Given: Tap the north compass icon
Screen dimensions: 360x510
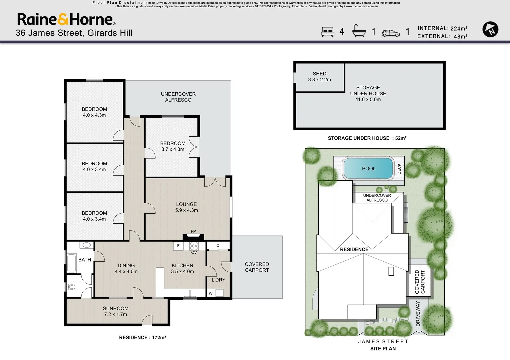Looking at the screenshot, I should click(x=490, y=29).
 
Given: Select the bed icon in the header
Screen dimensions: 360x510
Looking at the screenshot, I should click(x=327, y=32).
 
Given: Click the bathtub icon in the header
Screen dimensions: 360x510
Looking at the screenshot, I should click(x=359, y=31).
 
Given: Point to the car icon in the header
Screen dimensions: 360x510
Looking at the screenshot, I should click(x=391, y=33).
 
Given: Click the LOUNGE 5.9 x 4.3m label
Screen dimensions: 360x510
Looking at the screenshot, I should click(x=186, y=207).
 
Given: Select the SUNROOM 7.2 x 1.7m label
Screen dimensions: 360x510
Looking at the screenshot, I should click(x=115, y=311).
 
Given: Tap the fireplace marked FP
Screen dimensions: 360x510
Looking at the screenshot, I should click(x=193, y=236).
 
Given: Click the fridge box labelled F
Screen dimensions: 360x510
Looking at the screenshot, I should click(x=178, y=246).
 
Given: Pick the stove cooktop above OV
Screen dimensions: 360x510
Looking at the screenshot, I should click(x=194, y=246).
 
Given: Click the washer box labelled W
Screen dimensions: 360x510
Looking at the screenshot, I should click(x=211, y=293).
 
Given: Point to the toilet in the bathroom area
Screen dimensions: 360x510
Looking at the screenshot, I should click(x=71, y=287).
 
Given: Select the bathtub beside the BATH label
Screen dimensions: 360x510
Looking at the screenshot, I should click(x=71, y=264).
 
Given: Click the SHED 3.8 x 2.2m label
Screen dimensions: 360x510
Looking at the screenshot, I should click(x=319, y=77).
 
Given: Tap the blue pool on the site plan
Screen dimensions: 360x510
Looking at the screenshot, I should click(x=368, y=168).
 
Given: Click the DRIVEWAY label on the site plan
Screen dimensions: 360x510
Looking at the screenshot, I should click(x=418, y=313).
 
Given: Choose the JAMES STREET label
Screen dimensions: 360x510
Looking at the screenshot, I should click(x=383, y=341).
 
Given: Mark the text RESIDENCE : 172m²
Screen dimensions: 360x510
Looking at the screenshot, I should click(x=142, y=337).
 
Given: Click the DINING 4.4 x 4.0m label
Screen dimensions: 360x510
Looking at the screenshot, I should click(x=126, y=268).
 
